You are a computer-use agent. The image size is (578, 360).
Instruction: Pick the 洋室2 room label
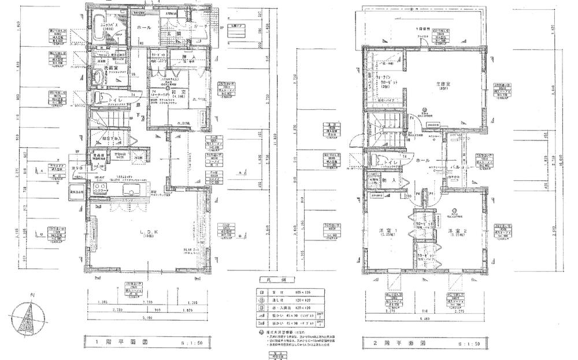457,232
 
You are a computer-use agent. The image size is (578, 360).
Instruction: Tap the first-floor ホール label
144,28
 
